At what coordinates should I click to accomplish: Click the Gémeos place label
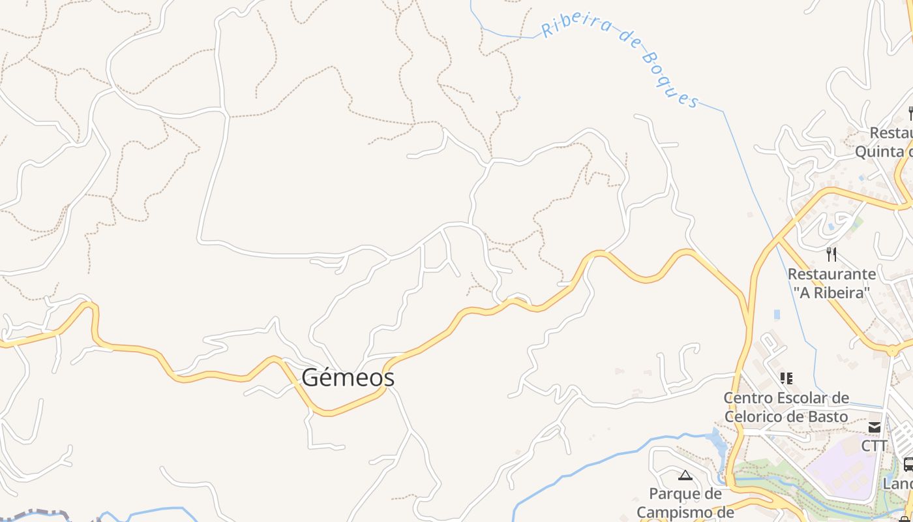pyautogui.click(x=348, y=377)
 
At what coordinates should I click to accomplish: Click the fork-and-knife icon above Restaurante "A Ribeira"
pyautogui.click(x=831, y=254)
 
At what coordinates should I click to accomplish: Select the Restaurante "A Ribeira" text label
pyautogui.click(x=831, y=283)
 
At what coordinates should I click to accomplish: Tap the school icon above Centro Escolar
pyautogui.click(x=786, y=378)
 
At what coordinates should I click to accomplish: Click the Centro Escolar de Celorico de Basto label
pyautogui.click(x=786, y=407)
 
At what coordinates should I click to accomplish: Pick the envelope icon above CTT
pyautogui.click(x=874, y=427)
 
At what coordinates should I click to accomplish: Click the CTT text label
pyautogui.click(x=874, y=446)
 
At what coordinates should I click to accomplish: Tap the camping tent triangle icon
pyautogui.click(x=685, y=475)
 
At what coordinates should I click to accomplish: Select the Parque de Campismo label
pyautogui.click(x=685, y=502)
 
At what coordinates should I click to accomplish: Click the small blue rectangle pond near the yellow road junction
pyautogui.click(x=777, y=315)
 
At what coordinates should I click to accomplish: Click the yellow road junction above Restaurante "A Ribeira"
pyautogui.click(x=779, y=239)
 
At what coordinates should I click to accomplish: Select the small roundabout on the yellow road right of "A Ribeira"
pyautogui.click(x=891, y=351)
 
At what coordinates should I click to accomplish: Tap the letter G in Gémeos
pyautogui.click(x=310, y=377)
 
